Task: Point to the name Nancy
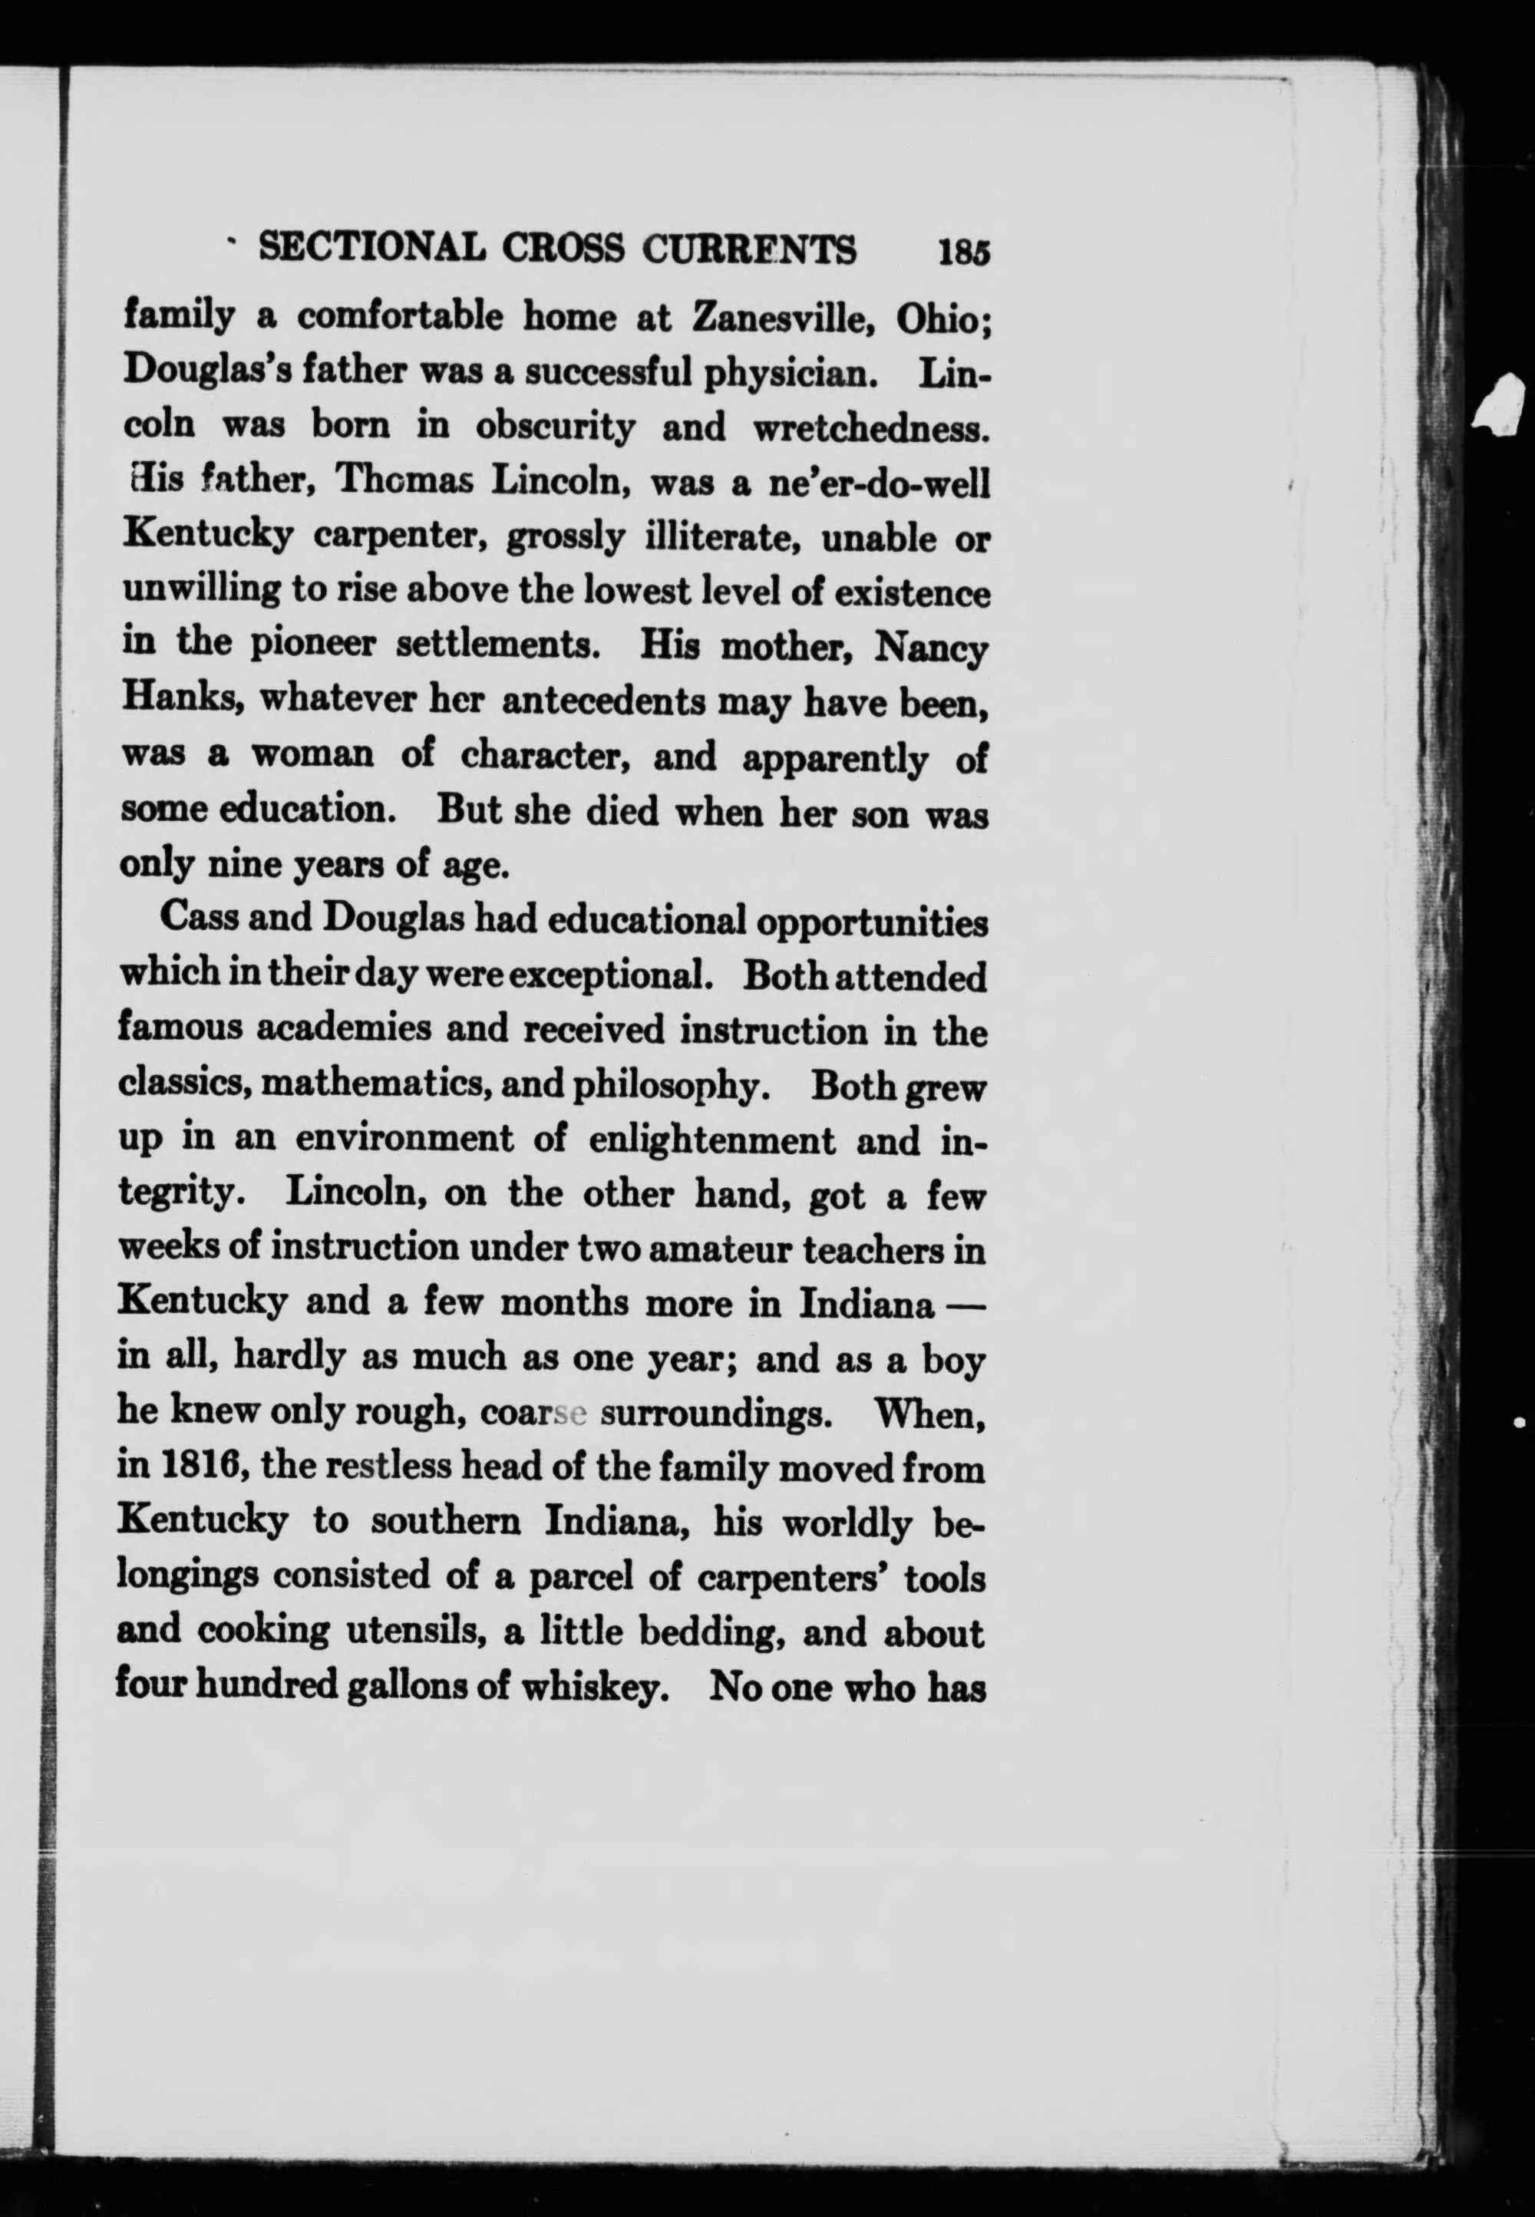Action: click(930, 647)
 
